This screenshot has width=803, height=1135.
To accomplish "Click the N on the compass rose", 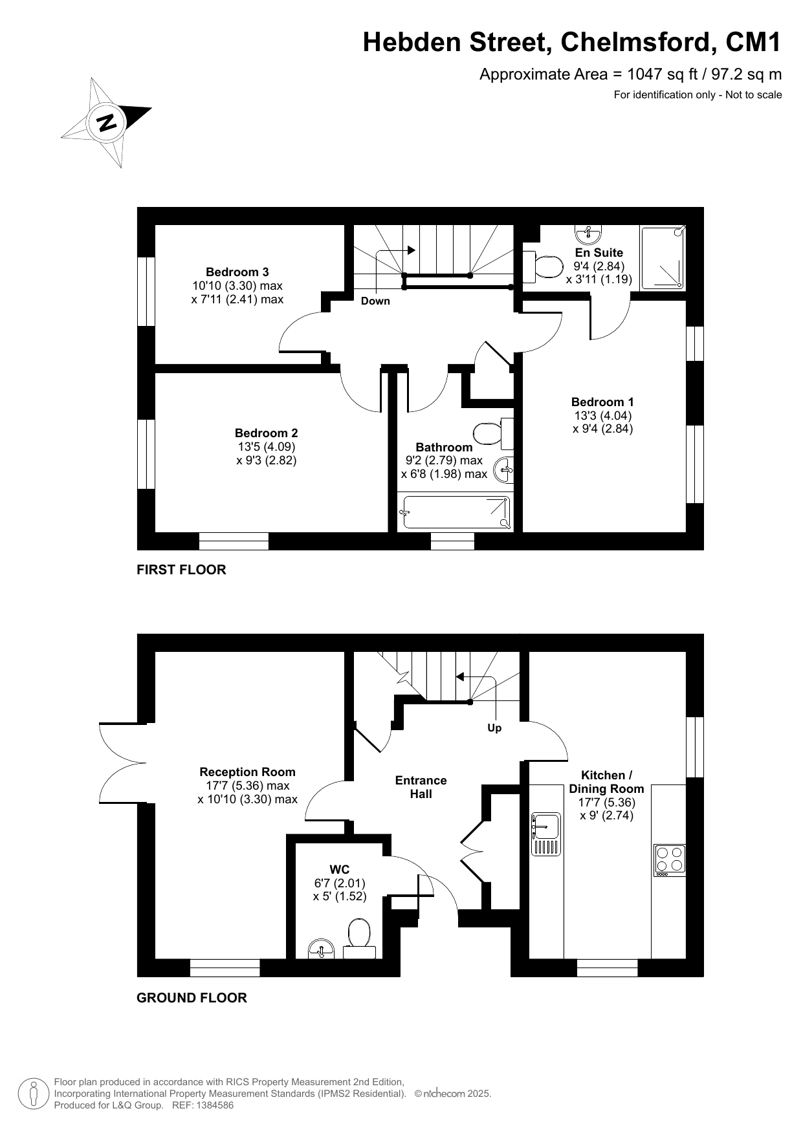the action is pyautogui.click(x=106, y=122).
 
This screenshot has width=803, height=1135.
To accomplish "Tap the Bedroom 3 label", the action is pyautogui.click(x=237, y=272).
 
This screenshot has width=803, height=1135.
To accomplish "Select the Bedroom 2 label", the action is pyautogui.click(x=266, y=433).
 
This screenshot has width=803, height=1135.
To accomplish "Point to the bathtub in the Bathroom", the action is pyautogui.click(x=455, y=512).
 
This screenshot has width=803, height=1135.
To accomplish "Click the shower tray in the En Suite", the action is pyautogui.click(x=662, y=257).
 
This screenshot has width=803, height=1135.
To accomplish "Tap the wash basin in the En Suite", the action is pyautogui.click(x=588, y=232).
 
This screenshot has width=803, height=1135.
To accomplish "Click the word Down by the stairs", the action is pyautogui.click(x=375, y=301).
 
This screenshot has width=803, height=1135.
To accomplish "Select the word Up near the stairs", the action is pyautogui.click(x=494, y=728).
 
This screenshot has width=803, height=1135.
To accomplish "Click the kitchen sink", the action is pyautogui.click(x=545, y=834).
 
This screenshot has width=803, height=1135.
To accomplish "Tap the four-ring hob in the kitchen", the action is pyautogui.click(x=670, y=860).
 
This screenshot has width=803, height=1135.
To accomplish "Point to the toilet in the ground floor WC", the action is pyautogui.click(x=359, y=938).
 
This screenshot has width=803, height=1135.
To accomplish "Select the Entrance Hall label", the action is pyautogui.click(x=421, y=787).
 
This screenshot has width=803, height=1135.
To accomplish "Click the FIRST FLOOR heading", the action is pyautogui.click(x=181, y=570).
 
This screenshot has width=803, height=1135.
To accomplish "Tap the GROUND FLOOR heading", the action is pyautogui.click(x=192, y=998).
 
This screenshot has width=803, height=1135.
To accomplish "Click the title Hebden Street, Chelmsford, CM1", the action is pyautogui.click(x=572, y=43).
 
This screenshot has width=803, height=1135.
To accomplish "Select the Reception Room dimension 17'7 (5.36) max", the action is pyautogui.click(x=247, y=786).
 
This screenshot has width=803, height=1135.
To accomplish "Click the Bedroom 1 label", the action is pyautogui.click(x=602, y=402).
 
